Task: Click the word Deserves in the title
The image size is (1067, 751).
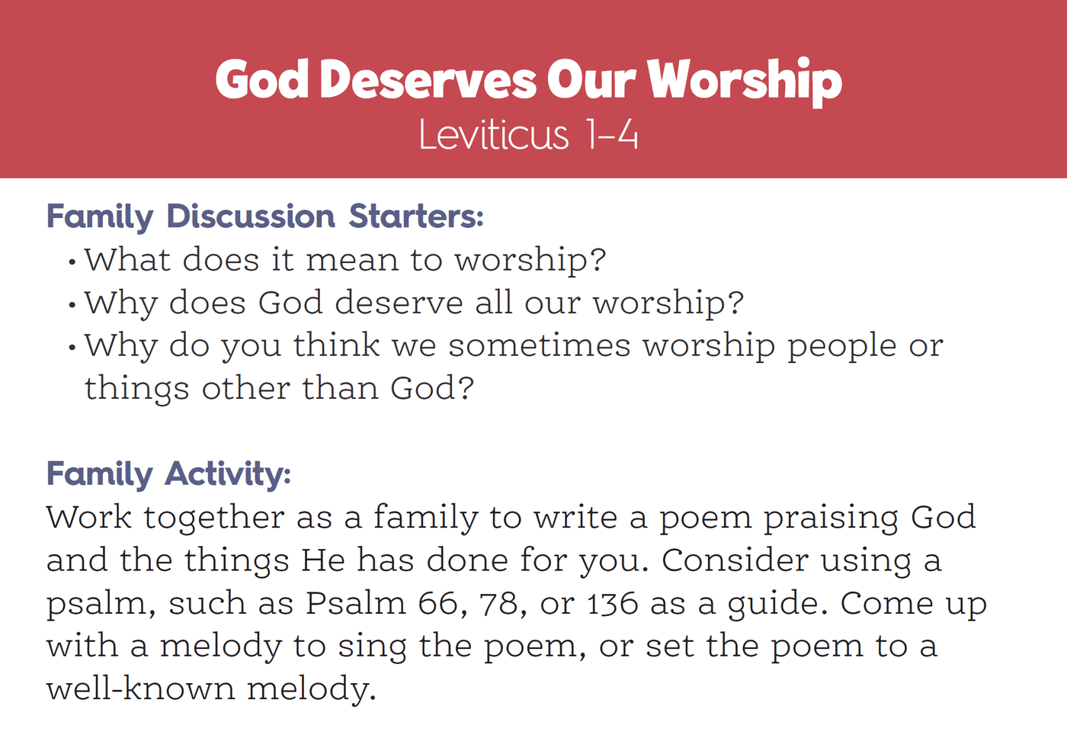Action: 428,79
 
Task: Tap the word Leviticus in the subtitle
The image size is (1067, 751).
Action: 494,135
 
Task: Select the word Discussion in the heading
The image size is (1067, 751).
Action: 251,217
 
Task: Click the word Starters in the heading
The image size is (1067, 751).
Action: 416,217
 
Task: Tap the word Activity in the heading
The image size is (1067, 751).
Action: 228,475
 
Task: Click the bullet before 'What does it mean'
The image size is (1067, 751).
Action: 72,262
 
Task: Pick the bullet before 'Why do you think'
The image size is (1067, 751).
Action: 72,348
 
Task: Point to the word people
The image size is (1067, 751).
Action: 841,347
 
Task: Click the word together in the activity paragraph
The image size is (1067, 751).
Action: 214,517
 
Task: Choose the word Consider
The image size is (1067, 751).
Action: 735,560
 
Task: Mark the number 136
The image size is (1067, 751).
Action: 613,603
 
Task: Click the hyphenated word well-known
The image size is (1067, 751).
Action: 141,688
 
